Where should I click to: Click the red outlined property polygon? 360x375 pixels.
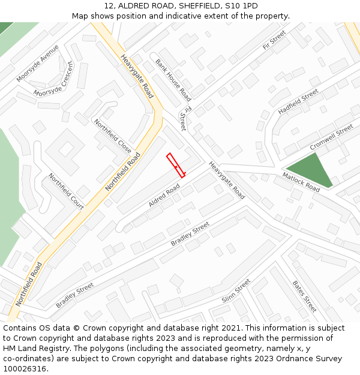click(x=175, y=165)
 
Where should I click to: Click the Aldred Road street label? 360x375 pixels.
click(x=164, y=196)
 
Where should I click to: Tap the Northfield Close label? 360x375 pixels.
click(x=112, y=136)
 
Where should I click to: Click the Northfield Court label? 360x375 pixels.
click(x=66, y=191)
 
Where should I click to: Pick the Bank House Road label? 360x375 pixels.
click(x=173, y=80)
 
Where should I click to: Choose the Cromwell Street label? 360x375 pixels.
click(x=331, y=138)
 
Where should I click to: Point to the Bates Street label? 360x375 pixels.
click(x=304, y=296)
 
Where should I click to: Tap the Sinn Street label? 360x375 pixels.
click(x=236, y=292)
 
